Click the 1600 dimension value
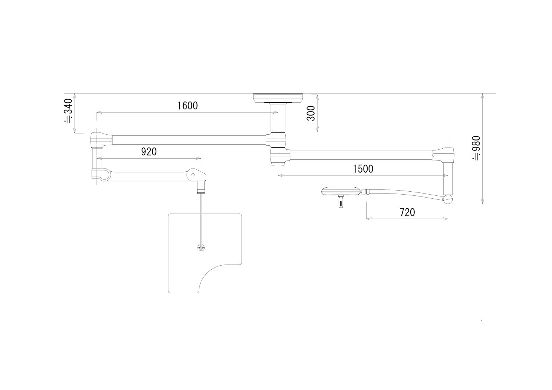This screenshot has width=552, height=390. (188, 106)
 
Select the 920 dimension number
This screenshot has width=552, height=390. (149, 152)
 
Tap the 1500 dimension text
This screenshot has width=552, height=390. (363, 169)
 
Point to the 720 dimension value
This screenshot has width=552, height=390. (407, 212)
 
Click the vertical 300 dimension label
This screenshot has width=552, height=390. (311, 113)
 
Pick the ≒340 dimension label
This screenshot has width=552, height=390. (68, 111)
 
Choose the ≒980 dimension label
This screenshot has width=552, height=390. (476, 148)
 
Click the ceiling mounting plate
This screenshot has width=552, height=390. (278, 98)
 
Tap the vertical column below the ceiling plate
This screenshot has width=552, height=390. (278, 118)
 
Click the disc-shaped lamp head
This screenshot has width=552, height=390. (341, 191)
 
